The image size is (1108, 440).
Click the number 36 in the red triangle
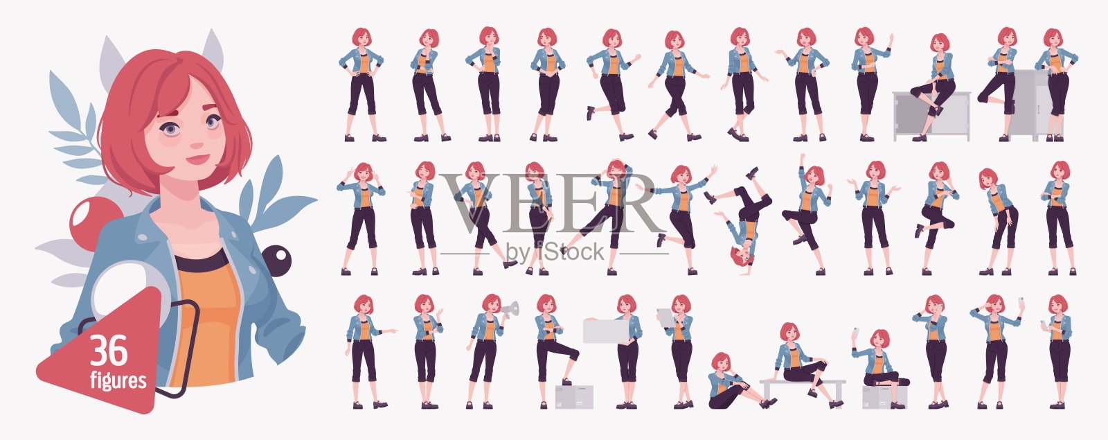[x=109, y=351]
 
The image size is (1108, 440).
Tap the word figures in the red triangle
[x=118, y=381]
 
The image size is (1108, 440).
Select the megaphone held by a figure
[x=510, y=310]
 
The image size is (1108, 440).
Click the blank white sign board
[x=606, y=331]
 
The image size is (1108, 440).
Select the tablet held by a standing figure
[x=665, y=317]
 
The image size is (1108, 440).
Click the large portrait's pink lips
[x=197, y=159]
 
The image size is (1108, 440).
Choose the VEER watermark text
[x=551, y=203]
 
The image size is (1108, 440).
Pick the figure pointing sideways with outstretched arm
[x=368, y=351]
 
